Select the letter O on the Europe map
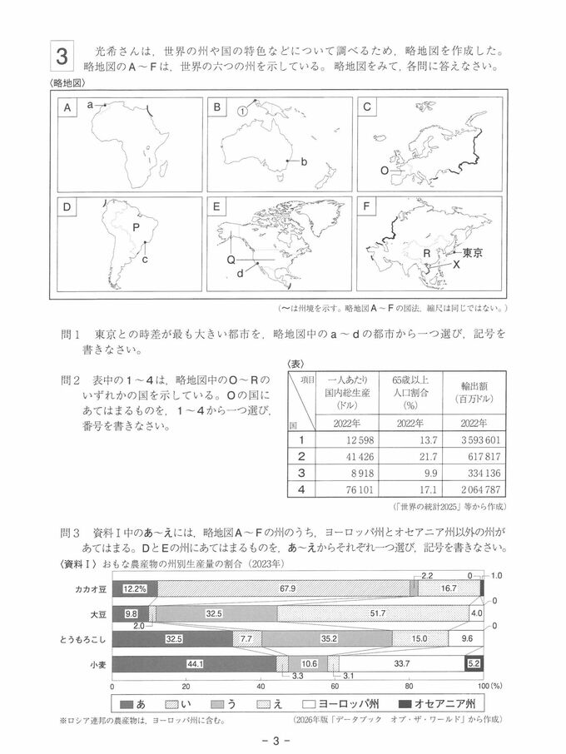click(x=384, y=170)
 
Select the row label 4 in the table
click(x=301, y=489)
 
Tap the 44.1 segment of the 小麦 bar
click(x=194, y=663)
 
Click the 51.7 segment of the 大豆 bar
click(x=377, y=613)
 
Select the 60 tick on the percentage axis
click(x=335, y=687)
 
